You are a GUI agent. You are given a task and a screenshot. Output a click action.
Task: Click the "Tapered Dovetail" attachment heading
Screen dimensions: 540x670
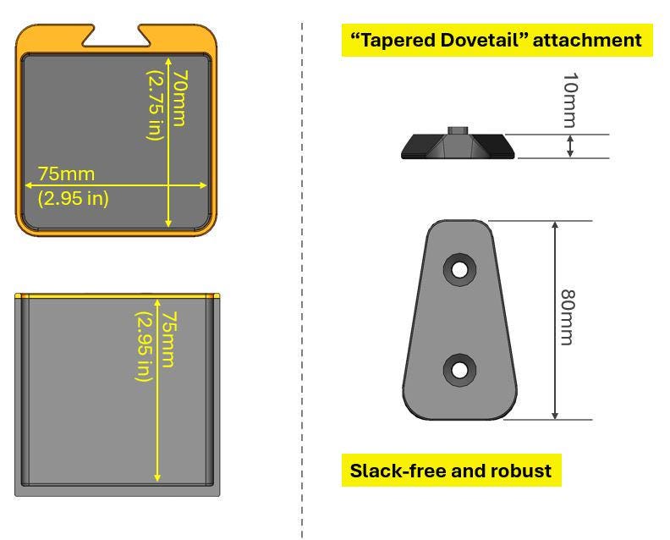[491, 41]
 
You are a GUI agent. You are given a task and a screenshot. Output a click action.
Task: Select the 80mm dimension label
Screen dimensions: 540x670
[568, 317]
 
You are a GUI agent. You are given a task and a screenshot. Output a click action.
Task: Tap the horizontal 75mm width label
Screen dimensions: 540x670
[66, 174]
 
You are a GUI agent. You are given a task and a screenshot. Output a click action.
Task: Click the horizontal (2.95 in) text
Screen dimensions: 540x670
[74, 199]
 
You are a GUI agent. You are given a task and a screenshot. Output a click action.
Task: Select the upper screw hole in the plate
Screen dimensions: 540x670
[459, 269]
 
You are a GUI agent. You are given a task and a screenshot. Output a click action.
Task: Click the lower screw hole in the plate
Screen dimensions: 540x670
[459, 369]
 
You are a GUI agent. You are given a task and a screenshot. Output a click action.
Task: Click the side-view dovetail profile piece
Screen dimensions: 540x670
[457, 146]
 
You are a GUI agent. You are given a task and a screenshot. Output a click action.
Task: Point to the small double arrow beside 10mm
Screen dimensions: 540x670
[570, 146]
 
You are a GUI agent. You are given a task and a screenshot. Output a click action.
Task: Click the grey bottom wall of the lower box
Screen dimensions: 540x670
[118, 488]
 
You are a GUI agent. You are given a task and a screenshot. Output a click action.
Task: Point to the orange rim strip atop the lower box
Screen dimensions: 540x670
[118, 295]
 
